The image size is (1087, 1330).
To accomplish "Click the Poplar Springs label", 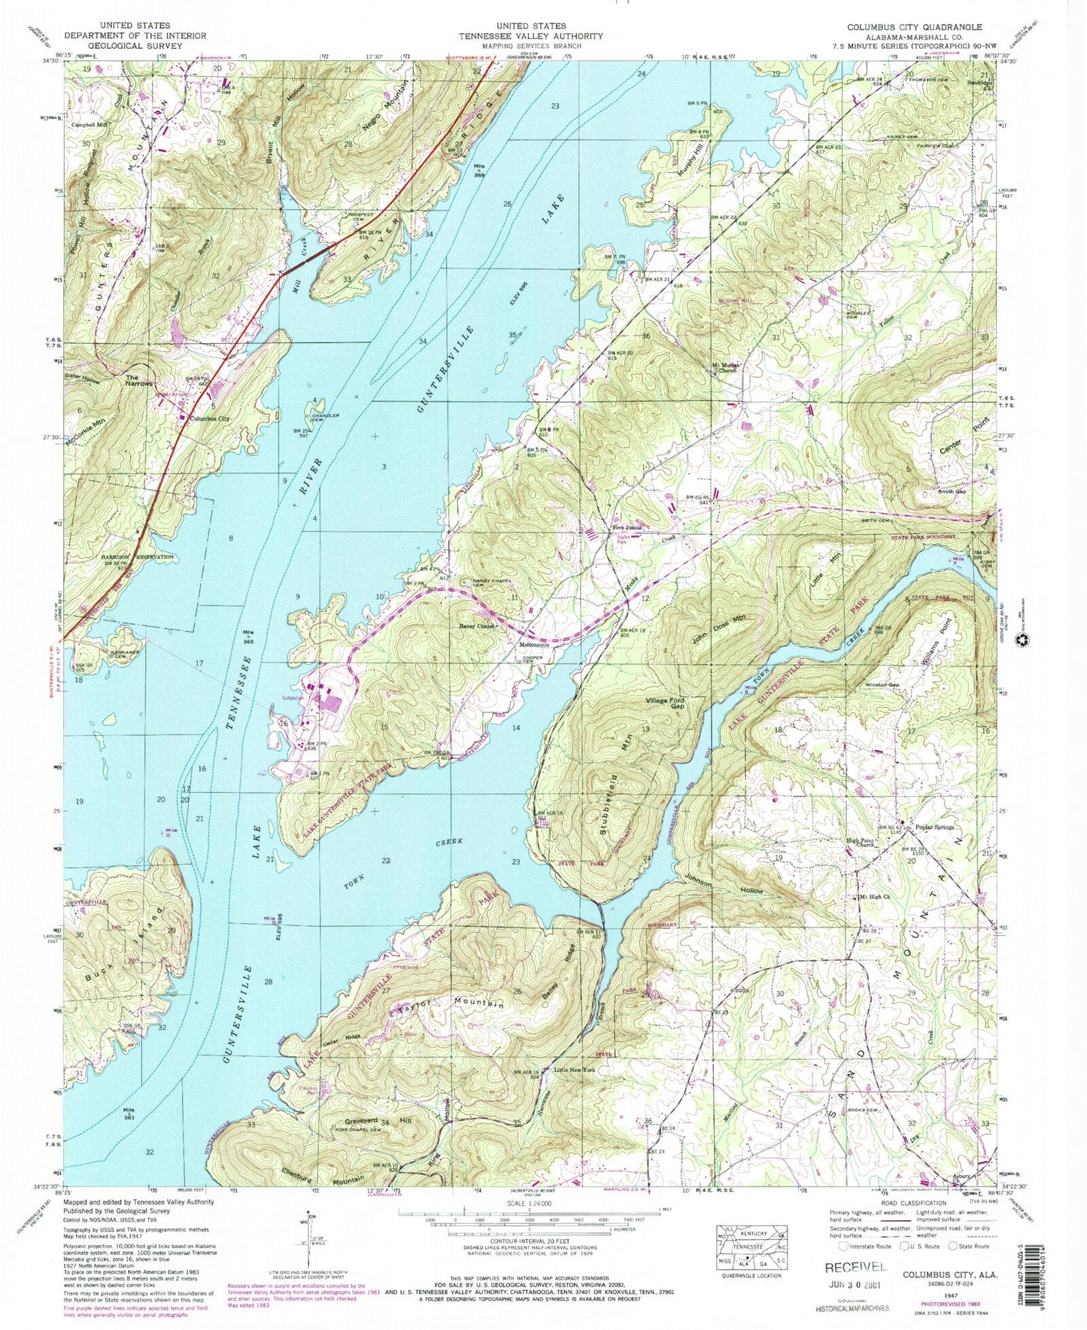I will click(934, 827).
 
